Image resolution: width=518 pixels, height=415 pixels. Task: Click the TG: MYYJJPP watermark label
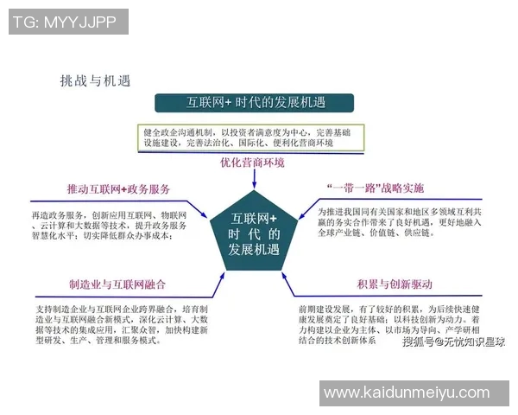click(66, 22)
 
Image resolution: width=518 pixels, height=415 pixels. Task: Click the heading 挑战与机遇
click(95, 81)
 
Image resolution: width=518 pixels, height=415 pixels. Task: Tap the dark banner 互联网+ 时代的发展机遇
click(256, 103)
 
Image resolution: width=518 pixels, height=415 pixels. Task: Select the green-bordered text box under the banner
click(250, 137)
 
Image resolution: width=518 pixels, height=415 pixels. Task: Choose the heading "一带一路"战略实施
click(376, 188)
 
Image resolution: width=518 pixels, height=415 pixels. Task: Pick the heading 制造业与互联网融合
click(117, 284)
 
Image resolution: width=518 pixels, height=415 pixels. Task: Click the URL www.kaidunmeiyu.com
click(406, 393)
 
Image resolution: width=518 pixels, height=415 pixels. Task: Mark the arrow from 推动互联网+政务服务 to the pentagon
click(200, 207)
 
